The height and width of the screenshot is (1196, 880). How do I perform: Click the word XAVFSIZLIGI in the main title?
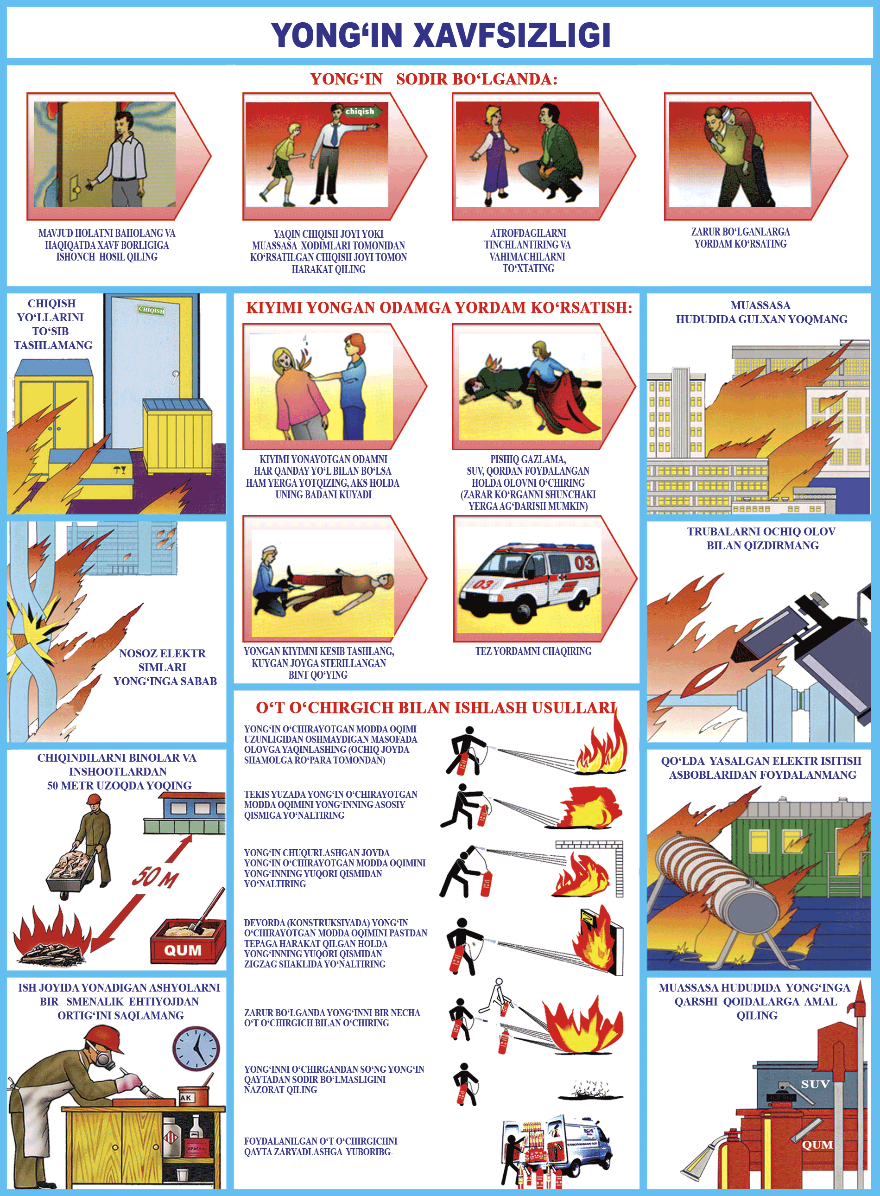pos(512,35)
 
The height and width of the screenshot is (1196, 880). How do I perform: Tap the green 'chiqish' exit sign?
pos(363,111)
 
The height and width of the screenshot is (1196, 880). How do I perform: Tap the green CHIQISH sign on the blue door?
pos(151,310)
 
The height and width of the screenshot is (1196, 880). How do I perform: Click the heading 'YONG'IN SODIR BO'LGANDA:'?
pos(434,79)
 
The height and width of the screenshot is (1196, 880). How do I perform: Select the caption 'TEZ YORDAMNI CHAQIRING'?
pos(533,651)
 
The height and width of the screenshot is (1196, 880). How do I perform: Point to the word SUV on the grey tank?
pos(815,1084)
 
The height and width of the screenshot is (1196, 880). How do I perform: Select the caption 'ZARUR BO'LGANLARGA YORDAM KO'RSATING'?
pos(741,238)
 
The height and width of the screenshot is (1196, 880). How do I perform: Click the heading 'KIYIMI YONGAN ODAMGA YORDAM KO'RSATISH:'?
pos(439,307)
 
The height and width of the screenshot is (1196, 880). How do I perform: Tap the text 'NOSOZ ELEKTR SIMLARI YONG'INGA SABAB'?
pos(164,667)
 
